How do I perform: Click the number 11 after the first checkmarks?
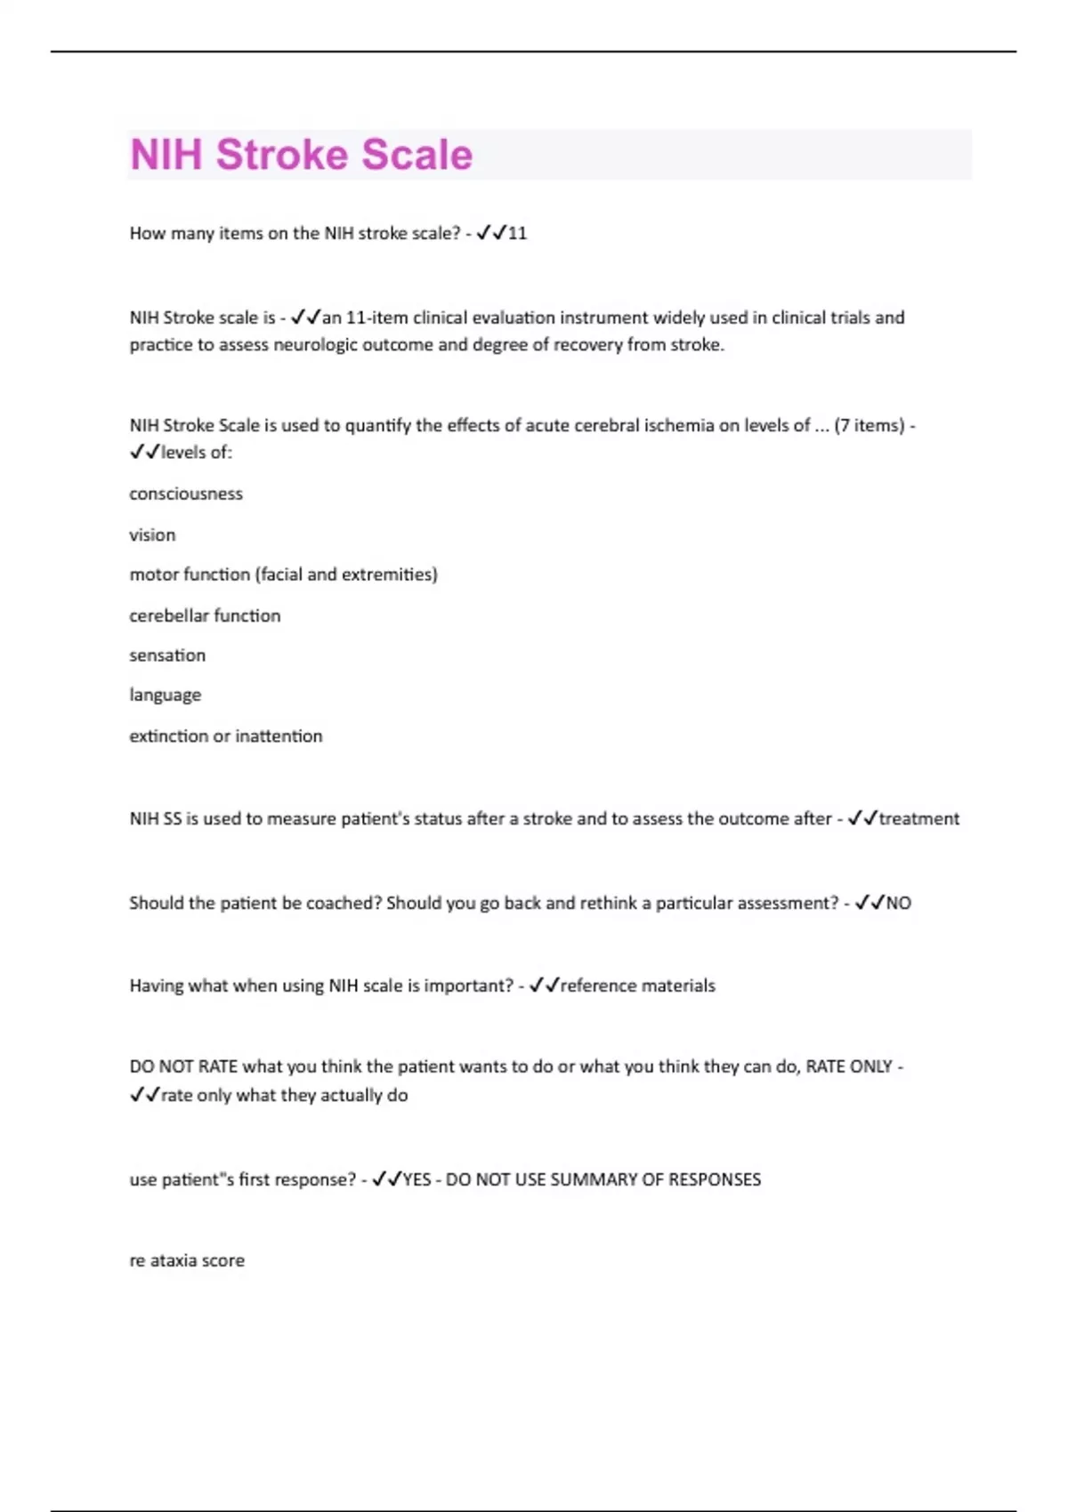click(x=517, y=234)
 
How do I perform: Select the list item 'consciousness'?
click(x=186, y=495)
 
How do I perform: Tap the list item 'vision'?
click(x=152, y=535)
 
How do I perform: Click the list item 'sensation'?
click(x=167, y=655)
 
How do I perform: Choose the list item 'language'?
click(x=166, y=696)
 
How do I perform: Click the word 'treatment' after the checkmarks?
click(x=918, y=819)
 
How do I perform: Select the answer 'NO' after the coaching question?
click(x=898, y=904)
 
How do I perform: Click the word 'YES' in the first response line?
click(x=417, y=1180)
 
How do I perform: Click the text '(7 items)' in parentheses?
click(x=869, y=426)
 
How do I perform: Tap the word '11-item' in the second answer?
click(x=376, y=318)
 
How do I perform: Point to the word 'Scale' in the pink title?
click(x=417, y=155)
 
